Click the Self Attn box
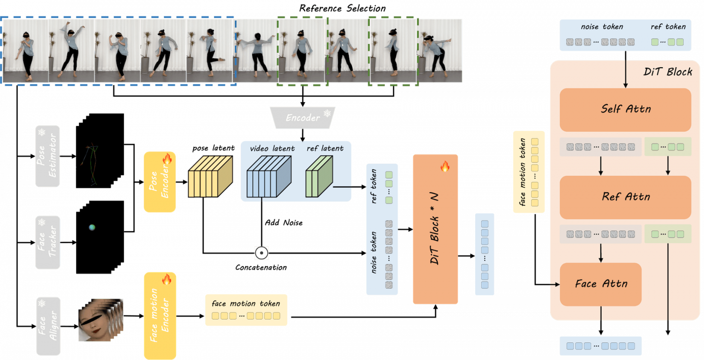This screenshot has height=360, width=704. point(625,109)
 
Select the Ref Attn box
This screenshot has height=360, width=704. point(625,197)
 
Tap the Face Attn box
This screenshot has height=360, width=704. point(600,284)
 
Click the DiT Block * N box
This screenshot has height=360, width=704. point(435,229)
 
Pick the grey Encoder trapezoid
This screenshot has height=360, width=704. point(302,117)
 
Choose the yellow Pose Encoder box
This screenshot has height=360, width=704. point(159,182)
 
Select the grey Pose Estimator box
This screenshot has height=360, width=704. point(47,156)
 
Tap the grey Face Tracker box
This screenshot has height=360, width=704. point(47,242)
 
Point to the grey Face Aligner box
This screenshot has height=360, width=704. point(48,325)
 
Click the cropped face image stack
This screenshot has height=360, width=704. point(99,319)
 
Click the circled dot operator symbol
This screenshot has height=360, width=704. point(261,253)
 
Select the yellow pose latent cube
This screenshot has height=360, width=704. point(210,176)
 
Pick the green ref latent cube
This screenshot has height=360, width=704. point(318,177)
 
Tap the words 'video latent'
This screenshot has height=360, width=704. point(272,148)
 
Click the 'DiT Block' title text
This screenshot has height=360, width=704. point(667,72)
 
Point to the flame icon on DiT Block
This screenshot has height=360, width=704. point(445,167)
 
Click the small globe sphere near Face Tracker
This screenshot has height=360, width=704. point(92,227)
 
